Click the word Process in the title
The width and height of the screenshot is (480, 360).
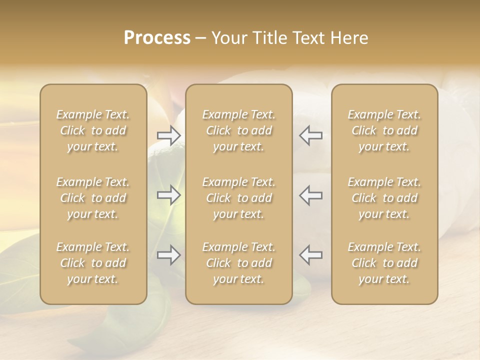157,38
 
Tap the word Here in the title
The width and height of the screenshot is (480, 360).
349,38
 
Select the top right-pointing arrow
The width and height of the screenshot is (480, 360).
169,135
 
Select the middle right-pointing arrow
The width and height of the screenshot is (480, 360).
169,195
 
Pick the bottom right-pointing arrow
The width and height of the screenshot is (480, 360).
169,255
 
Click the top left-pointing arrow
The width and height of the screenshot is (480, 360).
311,135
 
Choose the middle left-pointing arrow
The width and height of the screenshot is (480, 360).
311,195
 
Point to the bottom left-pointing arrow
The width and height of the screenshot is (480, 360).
311,255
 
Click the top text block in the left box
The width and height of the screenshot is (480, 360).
93,130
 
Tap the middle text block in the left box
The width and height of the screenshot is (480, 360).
93,198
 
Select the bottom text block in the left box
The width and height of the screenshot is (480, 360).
93,263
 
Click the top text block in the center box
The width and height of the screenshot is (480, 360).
239,130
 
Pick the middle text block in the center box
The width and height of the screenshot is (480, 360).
239,198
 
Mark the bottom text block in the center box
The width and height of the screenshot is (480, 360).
239,263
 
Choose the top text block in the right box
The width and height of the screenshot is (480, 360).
384,130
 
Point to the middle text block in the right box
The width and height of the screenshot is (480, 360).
384,198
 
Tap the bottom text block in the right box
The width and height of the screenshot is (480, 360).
384,263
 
